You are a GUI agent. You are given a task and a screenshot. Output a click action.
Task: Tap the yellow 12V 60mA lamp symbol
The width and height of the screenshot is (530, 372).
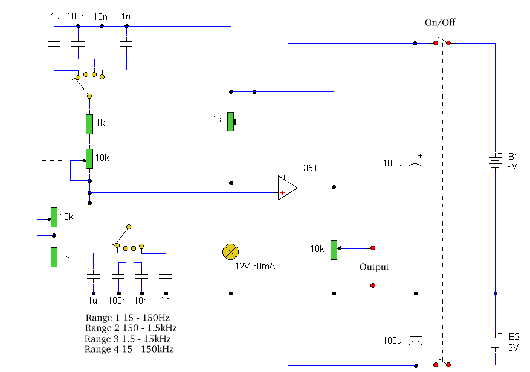pyautogui.click(x=230, y=252)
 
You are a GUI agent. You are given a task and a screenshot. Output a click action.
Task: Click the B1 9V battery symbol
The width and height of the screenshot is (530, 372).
pyautogui.click(x=496, y=161)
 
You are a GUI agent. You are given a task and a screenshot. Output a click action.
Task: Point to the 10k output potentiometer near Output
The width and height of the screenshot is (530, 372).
pyautogui.click(x=334, y=249)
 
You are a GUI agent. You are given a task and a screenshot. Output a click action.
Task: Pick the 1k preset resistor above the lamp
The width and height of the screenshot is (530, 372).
pyautogui.click(x=230, y=121)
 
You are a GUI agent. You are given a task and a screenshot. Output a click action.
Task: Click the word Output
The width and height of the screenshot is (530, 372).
pyautogui.click(x=374, y=267)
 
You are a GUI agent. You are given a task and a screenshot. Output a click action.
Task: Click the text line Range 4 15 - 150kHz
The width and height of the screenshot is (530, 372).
pyautogui.click(x=130, y=349)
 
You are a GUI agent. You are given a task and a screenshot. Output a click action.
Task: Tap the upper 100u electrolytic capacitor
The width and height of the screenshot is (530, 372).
pyautogui.click(x=415, y=164)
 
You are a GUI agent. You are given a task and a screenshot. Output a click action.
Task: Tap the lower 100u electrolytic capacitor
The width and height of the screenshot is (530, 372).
pyautogui.click(x=415, y=341)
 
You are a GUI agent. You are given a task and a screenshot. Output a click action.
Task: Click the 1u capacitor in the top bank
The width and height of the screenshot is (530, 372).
pyautogui.click(x=54, y=44)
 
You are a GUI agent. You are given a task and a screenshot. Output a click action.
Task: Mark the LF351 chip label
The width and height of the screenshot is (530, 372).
pyautogui.click(x=306, y=168)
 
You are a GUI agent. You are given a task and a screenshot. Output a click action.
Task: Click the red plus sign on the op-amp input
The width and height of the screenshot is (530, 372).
pyautogui.click(x=282, y=192)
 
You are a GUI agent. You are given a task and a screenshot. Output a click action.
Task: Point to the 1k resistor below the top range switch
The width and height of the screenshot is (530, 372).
pyautogui.click(x=89, y=123)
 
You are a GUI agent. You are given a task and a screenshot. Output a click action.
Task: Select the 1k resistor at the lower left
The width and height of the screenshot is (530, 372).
pyautogui.click(x=54, y=256)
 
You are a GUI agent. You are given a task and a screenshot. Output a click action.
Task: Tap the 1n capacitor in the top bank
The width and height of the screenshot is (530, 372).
pyautogui.click(x=126, y=44)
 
